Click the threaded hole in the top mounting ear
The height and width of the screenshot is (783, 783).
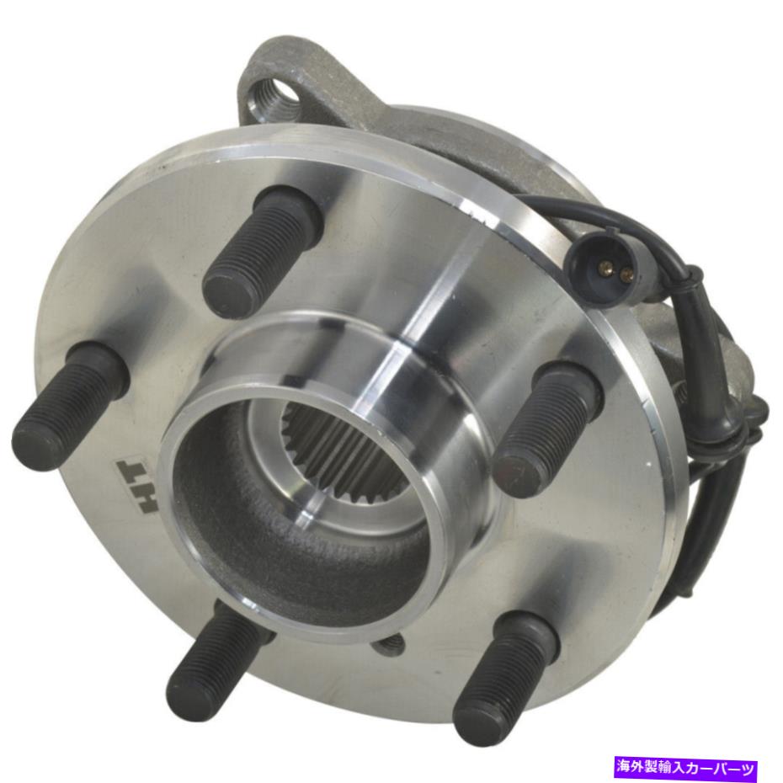point(273,92)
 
